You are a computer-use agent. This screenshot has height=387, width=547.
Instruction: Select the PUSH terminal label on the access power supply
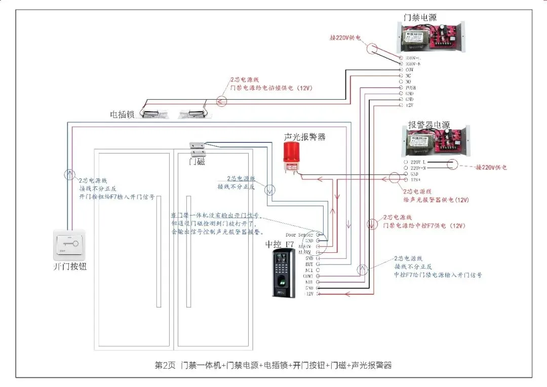(x=411, y=88)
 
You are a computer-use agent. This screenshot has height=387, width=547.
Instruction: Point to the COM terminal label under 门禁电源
(x=410, y=70)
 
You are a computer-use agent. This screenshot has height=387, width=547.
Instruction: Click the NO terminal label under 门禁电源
(x=408, y=82)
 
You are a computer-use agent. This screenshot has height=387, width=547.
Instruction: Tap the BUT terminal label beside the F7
(x=308, y=264)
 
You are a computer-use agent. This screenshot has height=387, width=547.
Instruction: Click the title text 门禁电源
(x=420, y=16)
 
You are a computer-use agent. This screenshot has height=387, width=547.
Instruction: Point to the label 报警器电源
(x=428, y=124)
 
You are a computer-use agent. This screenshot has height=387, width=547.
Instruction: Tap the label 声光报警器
(x=304, y=137)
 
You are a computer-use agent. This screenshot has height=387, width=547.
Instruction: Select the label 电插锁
(x=122, y=115)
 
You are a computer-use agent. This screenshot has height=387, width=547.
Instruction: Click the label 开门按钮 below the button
(x=70, y=266)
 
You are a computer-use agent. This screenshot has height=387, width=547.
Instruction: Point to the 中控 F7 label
(x=280, y=245)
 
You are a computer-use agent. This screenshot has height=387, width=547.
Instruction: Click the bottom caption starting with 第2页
(x=273, y=365)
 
